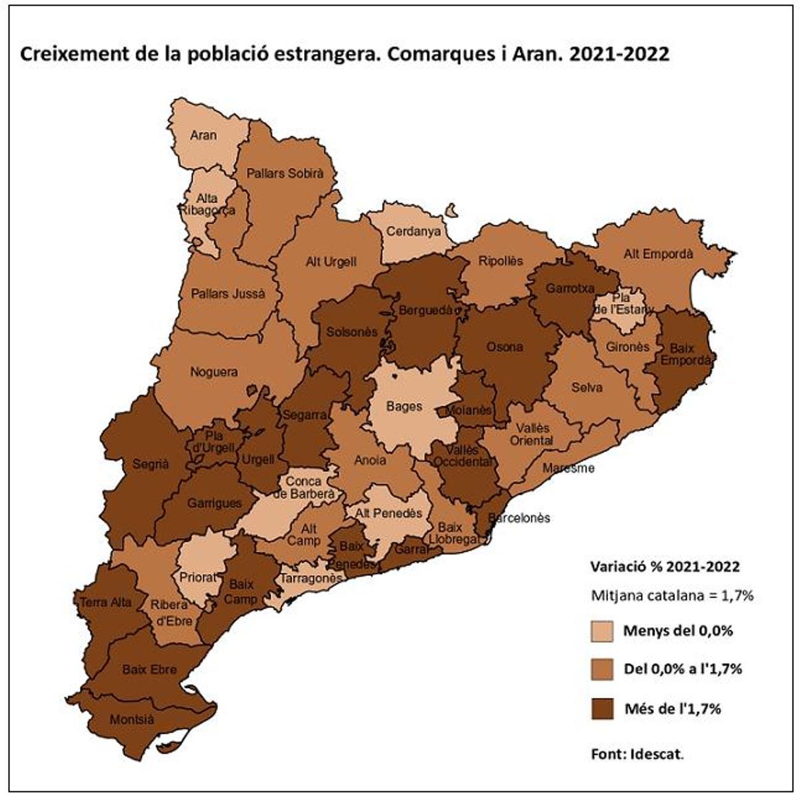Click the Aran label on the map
pyautogui.click(x=203, y=135)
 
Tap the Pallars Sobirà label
pyautogui.click(x=285, y=173)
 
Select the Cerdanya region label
pyautogui.click(x=415, y=232)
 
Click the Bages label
pyautogui.click(x=404, y=405)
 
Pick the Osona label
pyautogui.click(x=504, y=347)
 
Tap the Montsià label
pyautogui.click(x=131, y=720)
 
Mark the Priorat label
pyautogui.click(x=199, y=577)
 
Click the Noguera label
pyautogui.click(x=213, y=372)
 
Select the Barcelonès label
pyautogui.click(x=519, y=518)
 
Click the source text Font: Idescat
pyautogui.click(x=637, y=755)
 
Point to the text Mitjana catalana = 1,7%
pyautogui.click(x=671, y=595)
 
